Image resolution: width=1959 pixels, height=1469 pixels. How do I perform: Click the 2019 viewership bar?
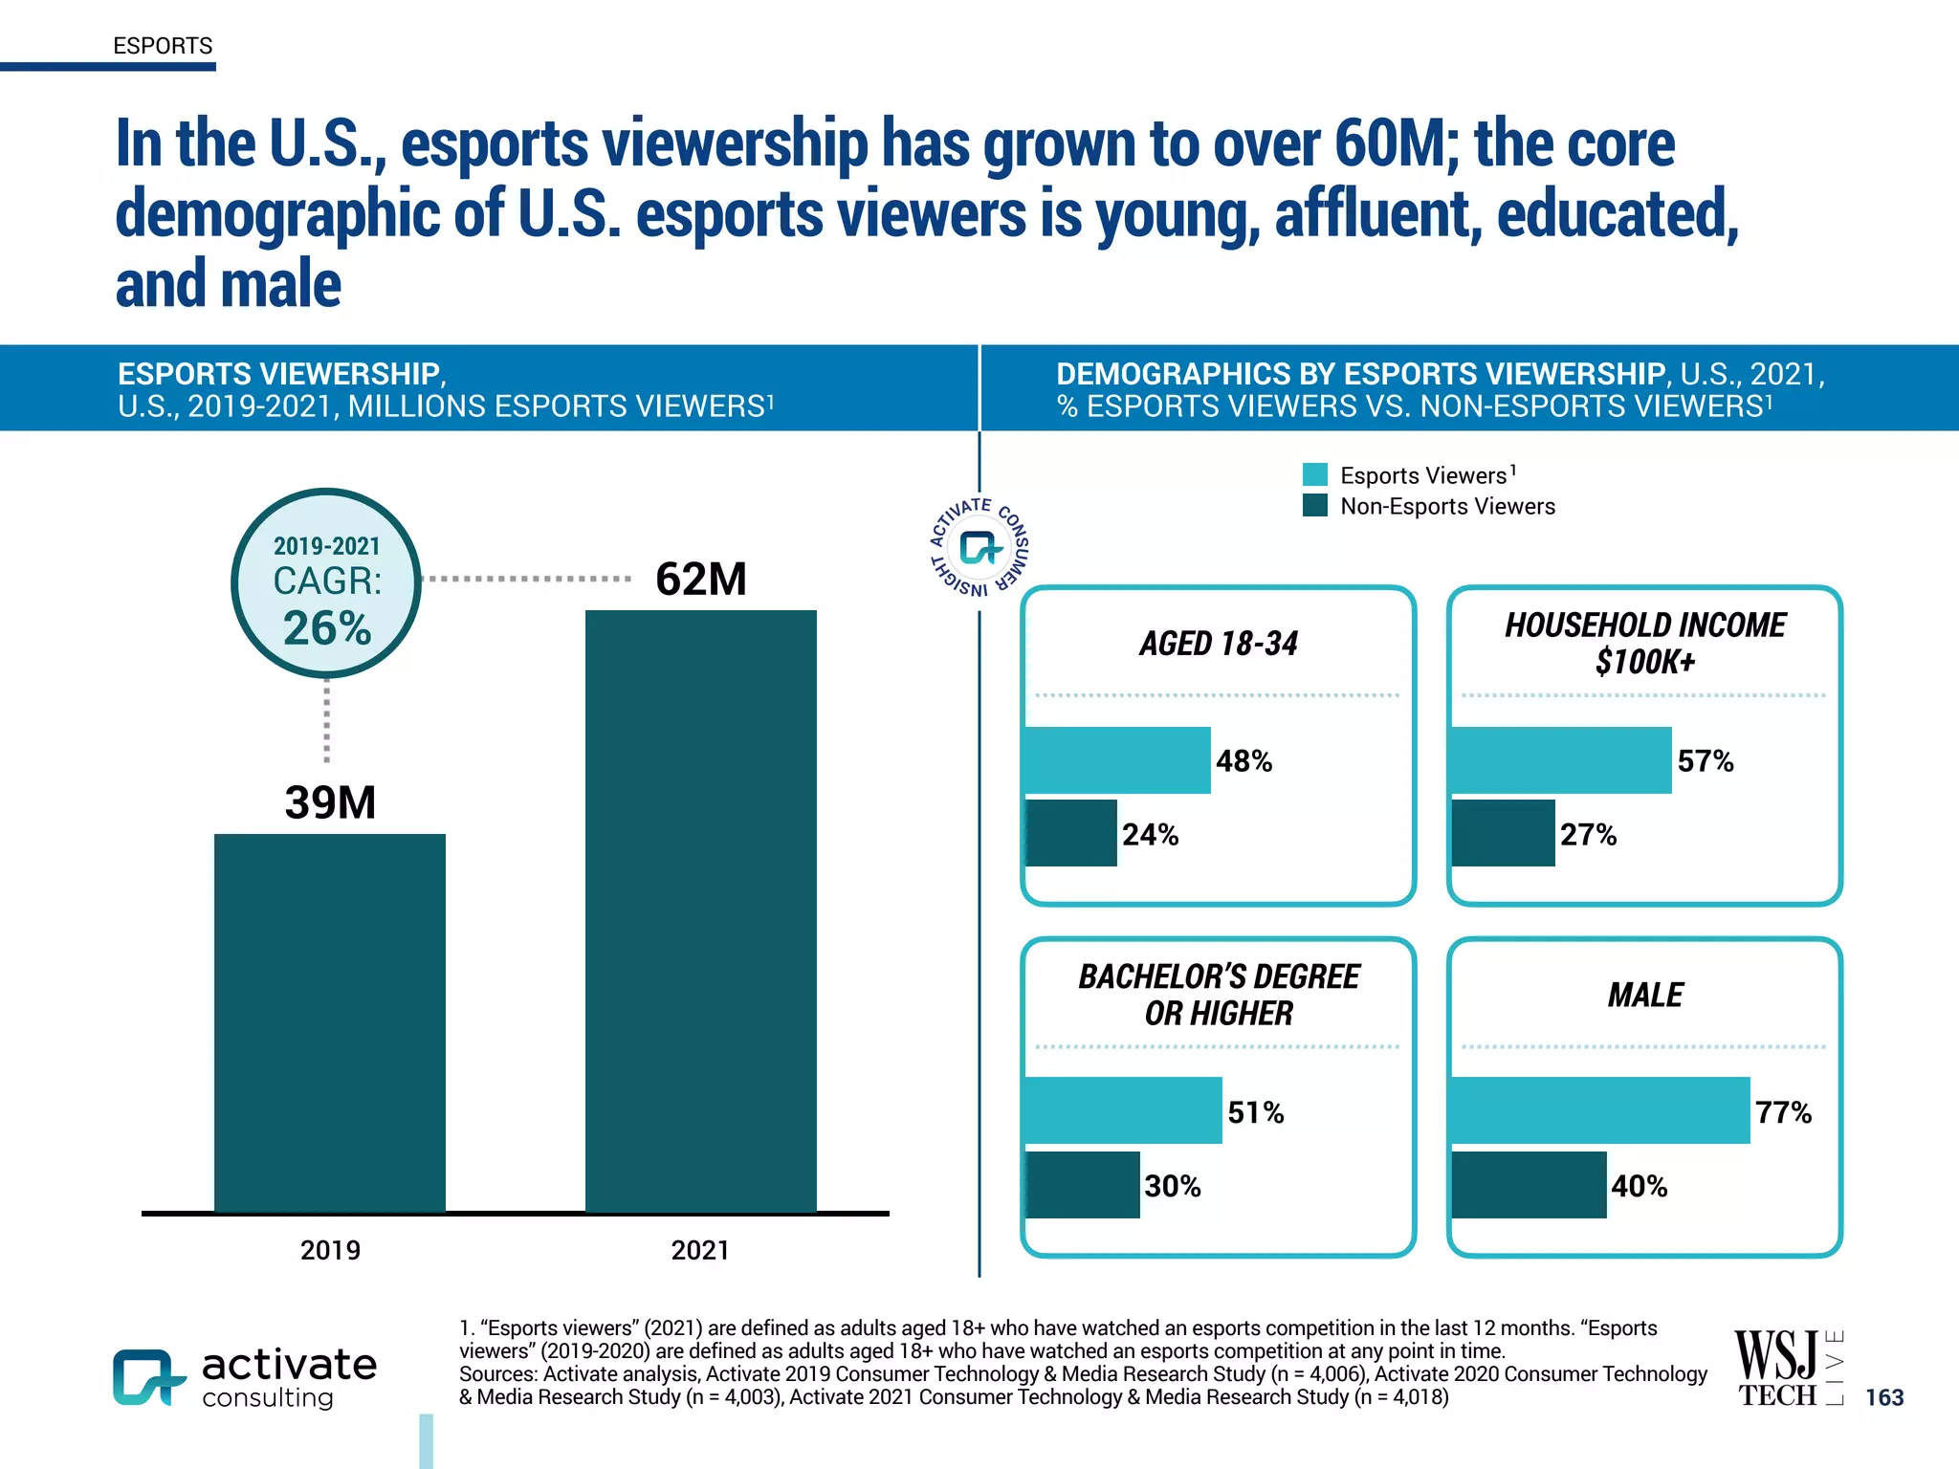(x=330, y=1023)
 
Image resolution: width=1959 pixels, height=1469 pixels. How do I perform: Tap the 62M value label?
(x=700, y=579)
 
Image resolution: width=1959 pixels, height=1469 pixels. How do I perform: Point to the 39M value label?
(x=330, y=801)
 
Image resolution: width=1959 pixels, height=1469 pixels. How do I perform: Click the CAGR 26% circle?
(x=326, y=583)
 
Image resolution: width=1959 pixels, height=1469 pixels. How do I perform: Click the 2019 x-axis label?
(x=330, y=1250)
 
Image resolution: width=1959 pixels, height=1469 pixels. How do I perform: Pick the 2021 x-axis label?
(x=700, y=1250)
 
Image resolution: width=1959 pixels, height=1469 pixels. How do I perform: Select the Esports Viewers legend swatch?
(x=1315, y=474)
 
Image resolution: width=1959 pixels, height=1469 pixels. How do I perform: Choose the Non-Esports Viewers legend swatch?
(x=1315, y=505)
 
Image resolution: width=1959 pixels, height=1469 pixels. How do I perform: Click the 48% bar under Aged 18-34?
(x=1117, y=760)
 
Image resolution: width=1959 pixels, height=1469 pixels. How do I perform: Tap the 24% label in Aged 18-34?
(x=1150, y=834)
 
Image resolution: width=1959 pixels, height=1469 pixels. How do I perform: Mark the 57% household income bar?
(x=1561, y=760)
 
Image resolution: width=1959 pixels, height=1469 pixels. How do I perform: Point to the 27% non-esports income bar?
(x=1503, y=834)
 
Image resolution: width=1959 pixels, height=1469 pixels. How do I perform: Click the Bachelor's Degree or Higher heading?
(x=1219, y=995)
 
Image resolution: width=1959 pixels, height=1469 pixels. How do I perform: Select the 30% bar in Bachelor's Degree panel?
(x=1082, y=1185)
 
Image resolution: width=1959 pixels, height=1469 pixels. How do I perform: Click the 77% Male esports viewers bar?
(x=1600, y=1110)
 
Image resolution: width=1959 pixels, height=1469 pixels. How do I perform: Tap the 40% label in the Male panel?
(x=1639, y=1186)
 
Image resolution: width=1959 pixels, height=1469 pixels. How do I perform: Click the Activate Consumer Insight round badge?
(x=979, y=547)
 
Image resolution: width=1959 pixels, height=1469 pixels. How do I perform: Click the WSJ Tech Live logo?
(x=1787, y=1369)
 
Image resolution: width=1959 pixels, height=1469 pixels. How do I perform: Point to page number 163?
(x=1884, y=1397)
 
